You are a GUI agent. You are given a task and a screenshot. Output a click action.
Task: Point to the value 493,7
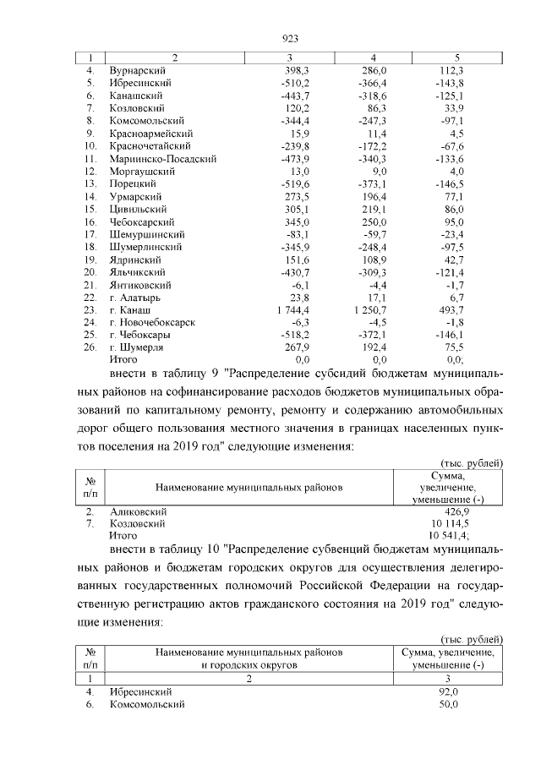click(446, 311)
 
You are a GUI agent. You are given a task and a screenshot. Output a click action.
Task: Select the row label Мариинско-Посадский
click(163, 158)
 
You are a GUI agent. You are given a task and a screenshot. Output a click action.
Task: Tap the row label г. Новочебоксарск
click(153, 323)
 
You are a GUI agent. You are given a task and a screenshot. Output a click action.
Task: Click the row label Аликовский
click(139, 511)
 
